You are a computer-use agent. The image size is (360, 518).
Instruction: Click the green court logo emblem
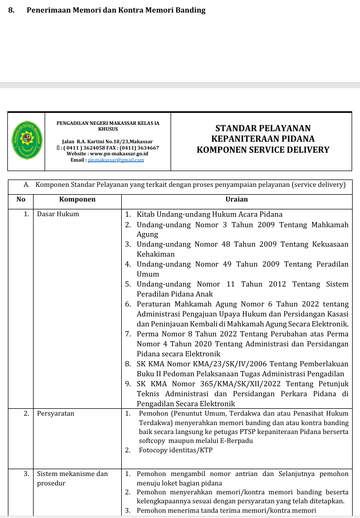tap(26, 141)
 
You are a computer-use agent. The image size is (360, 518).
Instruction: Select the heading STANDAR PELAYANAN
tap(263, 128)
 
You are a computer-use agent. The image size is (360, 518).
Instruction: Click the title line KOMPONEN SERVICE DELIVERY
tap(263, 150)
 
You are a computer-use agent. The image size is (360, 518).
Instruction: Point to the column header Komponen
tap(77, 199)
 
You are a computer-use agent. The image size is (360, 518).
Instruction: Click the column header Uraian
tap(237, 199)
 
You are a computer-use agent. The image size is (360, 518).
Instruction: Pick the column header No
tap(21, 199)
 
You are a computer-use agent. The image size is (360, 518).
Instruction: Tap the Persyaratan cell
tap(56, 414)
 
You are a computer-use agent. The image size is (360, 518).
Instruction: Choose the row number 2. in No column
tap(26, 414)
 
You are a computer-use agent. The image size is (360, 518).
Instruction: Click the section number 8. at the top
tap(11, 10)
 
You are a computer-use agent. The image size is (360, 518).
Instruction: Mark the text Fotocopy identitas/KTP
tap(176, 450)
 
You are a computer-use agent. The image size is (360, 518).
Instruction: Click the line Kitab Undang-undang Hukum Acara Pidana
tap(209, 214)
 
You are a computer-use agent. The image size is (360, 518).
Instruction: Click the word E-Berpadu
tap(236, 441)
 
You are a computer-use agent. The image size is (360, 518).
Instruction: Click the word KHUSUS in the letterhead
tap(108, 129)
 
